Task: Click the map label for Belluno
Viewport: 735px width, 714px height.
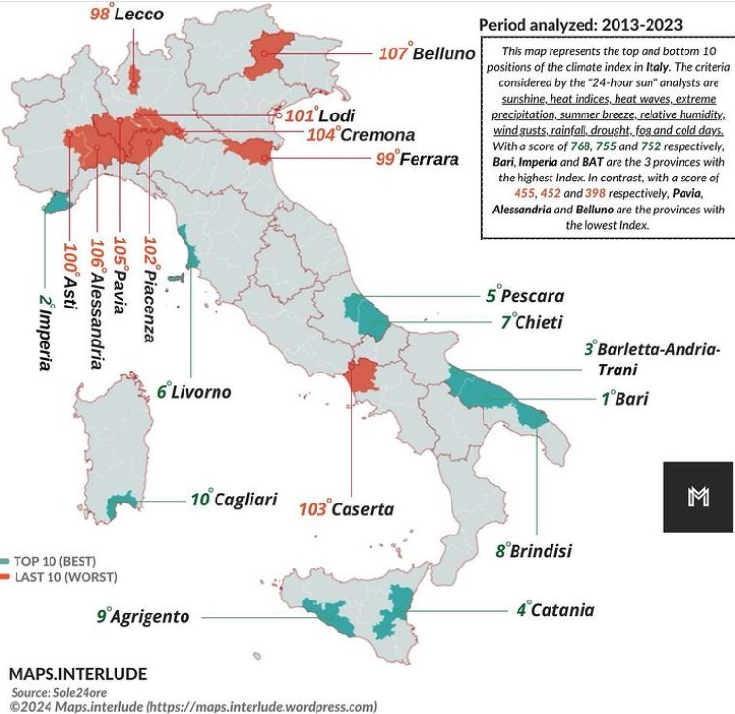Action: pos(427,53)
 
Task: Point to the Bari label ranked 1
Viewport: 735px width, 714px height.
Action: pos(622,398)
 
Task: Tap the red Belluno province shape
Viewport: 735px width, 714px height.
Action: pos(271,53)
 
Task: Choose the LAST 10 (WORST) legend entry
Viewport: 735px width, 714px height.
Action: pos(58,577)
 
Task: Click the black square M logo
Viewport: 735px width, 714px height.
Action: pos(698,497)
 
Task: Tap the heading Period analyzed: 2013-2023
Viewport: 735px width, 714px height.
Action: pos(581,24)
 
